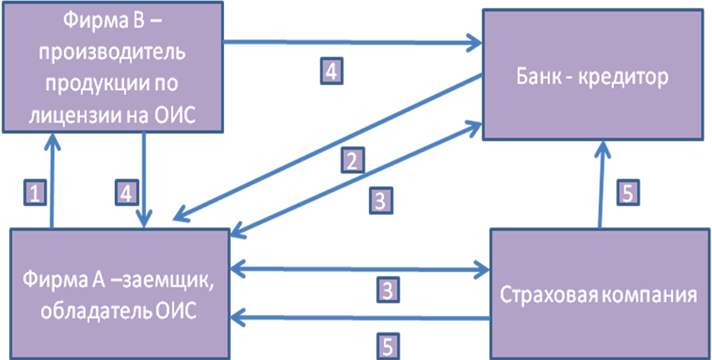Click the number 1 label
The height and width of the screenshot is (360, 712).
click(x=34, y=193)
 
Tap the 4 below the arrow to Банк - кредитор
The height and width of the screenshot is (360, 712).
click(x=331, y=72)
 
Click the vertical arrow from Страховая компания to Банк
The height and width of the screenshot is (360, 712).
click(x=600, y=183)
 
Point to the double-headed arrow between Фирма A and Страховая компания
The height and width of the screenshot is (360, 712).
click(x=358, y=269)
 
